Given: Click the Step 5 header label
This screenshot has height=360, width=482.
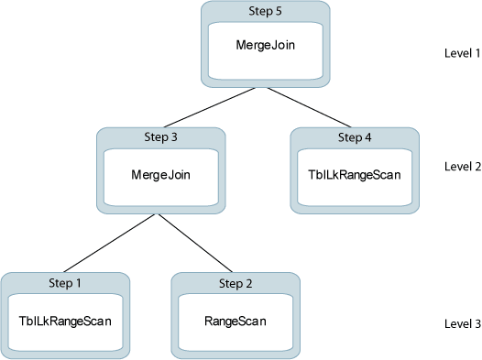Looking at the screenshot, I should pos(265,11).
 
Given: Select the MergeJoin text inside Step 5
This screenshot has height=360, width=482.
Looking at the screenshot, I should pos(265,44).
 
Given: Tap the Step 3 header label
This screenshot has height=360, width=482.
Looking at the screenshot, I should pos(161,137).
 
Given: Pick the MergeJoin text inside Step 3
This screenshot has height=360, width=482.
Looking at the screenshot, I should pos(161,173).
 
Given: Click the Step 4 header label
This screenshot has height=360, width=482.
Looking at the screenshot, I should pos(355,137).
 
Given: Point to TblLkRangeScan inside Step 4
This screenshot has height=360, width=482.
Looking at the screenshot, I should pos(355,173).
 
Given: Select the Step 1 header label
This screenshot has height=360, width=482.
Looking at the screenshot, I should pos(65,283).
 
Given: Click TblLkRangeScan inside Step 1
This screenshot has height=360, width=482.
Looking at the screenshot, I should pos(65,321).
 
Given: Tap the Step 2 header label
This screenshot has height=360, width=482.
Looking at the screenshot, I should pos(236,283).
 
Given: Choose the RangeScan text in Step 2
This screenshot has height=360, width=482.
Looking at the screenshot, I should pos(236,321).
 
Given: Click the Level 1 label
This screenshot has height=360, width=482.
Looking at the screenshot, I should pos(462,54).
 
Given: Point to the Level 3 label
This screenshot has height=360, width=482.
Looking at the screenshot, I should pos(462,323).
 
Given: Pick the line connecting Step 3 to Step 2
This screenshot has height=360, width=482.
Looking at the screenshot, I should pos(198,244).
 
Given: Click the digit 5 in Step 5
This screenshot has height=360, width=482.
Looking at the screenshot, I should pos(280,11).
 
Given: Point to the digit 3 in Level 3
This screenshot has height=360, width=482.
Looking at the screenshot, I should pos(477,323).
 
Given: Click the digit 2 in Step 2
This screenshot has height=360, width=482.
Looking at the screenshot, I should pos(252,283).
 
